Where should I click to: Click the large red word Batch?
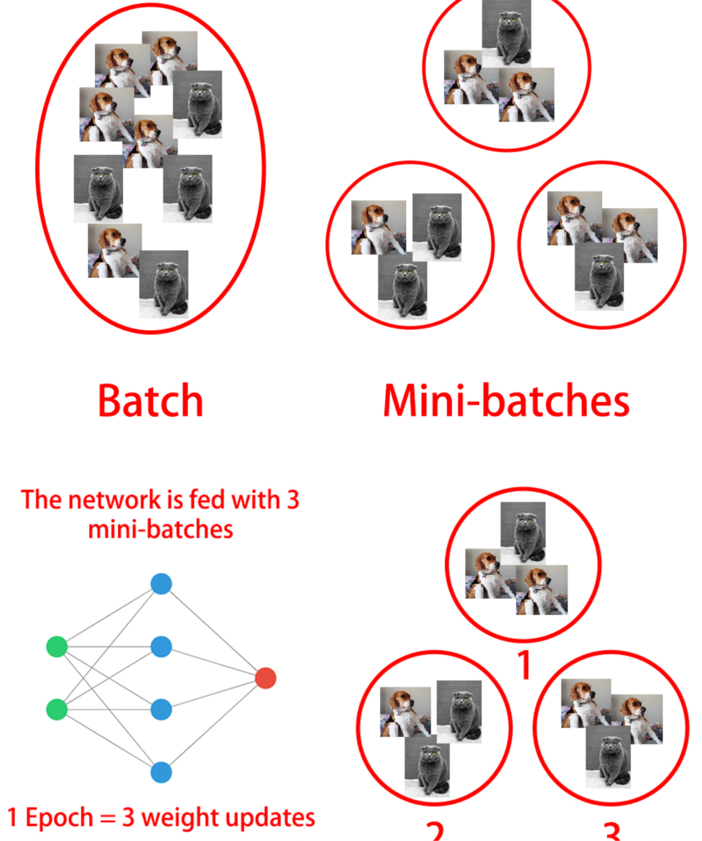pyautogui.click(x=150, y=401)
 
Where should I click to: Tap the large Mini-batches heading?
pyautogui.click(x=506, y=401)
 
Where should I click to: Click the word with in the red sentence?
pyautogui.click(x=256, y=499)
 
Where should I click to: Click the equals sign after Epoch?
pyautogui.click(x=107, y=819)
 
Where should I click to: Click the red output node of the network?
pyautogui.click(x=266, y=678)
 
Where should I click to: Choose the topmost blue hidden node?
pyautogui.click(x=161, y=584)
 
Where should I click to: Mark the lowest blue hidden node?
pyautogui.click(x=161, y=772)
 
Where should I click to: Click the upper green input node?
pyautogui.click(x=57, y=646)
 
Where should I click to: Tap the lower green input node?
pyautogui.click(x=57, y=709)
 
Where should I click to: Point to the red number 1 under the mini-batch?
pyautogui.click(x=524, y=665)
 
